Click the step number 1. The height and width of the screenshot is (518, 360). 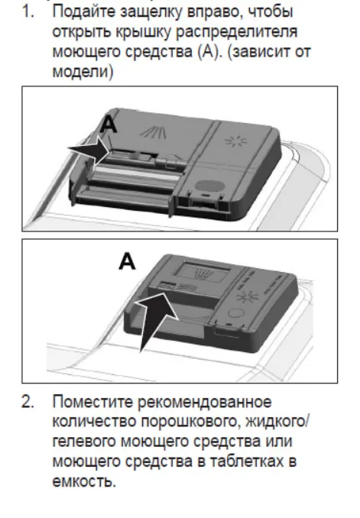[x=28, y=12]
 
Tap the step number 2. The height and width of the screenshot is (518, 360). [x=28, y=402]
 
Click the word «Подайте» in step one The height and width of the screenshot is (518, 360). [x=83, y=12]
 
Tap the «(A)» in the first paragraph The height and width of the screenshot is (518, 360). [x=210, y=52]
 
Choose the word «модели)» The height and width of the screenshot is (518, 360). [x=83, y=72]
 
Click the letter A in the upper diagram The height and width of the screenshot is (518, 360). [x=108, y=125]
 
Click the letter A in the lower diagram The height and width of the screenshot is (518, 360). [x=127, y=261]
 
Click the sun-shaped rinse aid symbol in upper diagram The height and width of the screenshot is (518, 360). [x=235, y=141]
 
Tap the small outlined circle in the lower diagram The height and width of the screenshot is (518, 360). [x=236, y=313]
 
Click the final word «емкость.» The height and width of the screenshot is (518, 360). [x=84, y=481]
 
